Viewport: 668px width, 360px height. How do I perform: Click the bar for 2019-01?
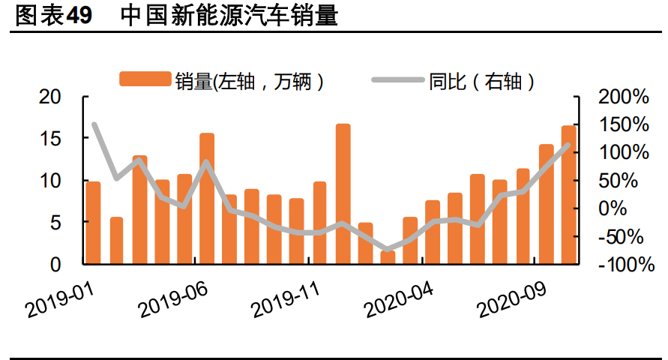[94, 223]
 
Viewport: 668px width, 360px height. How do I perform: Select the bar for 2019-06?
[207, 199]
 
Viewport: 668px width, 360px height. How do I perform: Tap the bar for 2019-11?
[320, 223]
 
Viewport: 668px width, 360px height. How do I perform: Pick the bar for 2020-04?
[433, 232]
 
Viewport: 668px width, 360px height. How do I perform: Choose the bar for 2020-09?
[546, 204]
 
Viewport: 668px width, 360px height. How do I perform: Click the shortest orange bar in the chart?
[388, 257]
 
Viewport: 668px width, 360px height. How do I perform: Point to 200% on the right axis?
[623, 97]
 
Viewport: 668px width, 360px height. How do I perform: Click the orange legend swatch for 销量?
[146, 79]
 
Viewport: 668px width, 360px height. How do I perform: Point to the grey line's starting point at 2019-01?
[94, 124]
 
